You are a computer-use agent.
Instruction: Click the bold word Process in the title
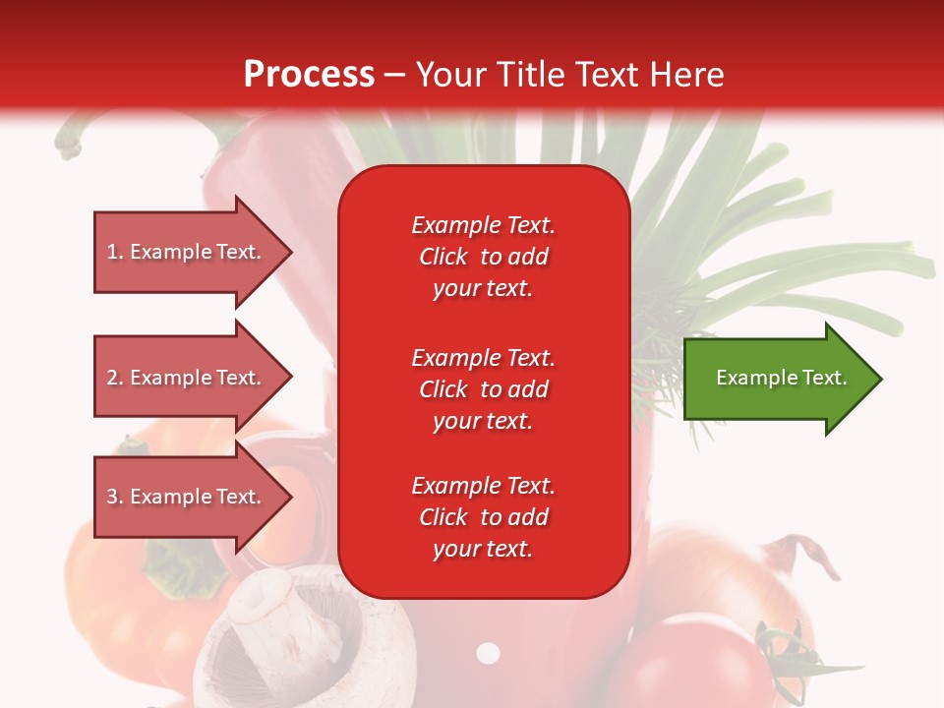pos(309,75)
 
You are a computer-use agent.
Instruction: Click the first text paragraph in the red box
pos(483,257)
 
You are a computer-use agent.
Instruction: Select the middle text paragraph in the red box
pos(483,389)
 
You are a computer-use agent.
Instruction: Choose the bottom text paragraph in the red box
pos(483,517)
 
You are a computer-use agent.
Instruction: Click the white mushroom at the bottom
pos(295,639)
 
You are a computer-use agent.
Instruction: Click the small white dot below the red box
pos(488,653)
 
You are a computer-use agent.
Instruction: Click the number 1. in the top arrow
pos(115,253)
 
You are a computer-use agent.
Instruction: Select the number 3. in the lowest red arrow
pos(115,498)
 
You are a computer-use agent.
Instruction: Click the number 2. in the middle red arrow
pos(115,378)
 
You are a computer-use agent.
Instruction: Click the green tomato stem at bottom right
pos(787,649)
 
